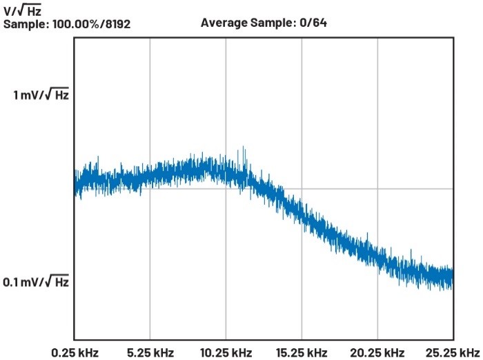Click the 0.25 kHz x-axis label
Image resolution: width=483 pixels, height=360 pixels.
tap(75, 353)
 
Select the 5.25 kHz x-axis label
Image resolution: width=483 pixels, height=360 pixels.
tap(150, 353)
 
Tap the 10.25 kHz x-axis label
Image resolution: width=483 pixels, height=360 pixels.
tap(226, 353)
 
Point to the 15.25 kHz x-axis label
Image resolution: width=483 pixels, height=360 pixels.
tap(302, 353)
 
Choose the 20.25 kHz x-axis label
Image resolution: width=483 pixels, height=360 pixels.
tap(377, 353)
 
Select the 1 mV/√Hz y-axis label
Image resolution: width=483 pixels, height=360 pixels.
tap(41, 95)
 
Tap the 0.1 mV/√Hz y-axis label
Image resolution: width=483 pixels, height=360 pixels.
tap(36, 282)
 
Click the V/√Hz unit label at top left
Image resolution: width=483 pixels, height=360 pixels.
tap(22, 10)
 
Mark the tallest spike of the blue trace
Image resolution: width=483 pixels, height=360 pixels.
tap(244, 148)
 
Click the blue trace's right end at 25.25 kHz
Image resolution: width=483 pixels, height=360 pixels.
tap(452, 277)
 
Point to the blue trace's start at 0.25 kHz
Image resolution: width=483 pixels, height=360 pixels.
tap(75, 181)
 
